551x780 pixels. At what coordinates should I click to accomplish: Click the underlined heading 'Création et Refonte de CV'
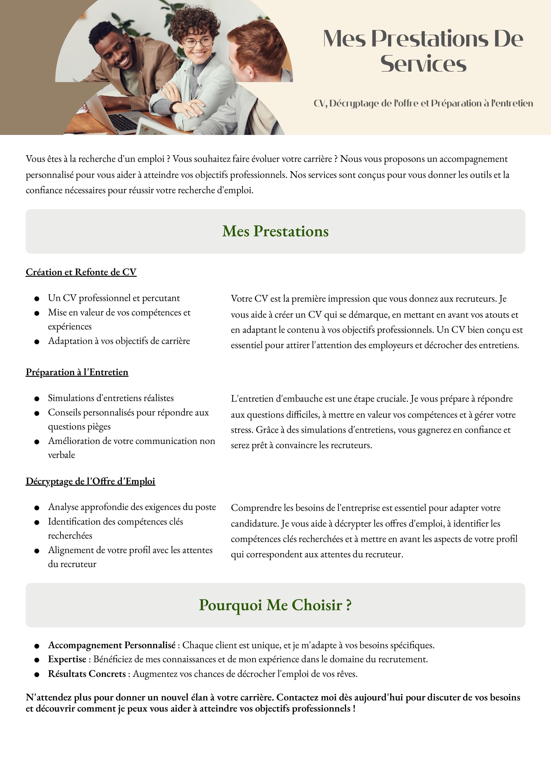point(81,272)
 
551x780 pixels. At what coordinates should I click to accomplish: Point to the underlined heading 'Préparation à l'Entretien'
point(77,372)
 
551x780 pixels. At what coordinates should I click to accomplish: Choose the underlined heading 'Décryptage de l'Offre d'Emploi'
point(90,481)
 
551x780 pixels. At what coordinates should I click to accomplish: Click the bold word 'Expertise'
point(67,659)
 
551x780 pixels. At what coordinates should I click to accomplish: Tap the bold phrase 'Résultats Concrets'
point(87,674)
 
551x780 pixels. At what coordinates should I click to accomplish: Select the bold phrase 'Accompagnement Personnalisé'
point(112,645)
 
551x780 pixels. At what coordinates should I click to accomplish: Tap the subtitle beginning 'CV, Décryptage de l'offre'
point(423,103)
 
